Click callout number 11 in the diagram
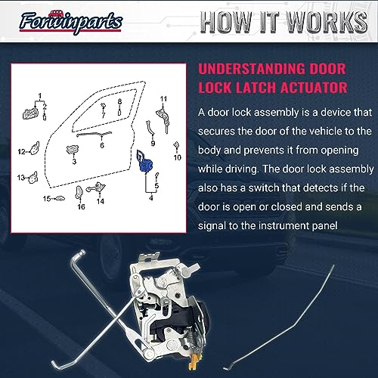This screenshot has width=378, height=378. [x=163, y=98]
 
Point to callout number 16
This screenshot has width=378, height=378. [x=81, y=206]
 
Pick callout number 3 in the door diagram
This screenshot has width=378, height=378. [x=74, y=161]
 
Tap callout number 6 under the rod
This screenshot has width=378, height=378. [x=102, y=145]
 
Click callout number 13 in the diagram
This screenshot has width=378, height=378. [x=21, y=178]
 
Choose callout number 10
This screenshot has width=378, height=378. [x=178, y=157]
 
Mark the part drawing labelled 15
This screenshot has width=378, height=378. [x=60, y=198]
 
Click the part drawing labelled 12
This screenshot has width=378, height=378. [x=34, y=148]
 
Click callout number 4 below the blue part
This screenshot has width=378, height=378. [x=151, y=198]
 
